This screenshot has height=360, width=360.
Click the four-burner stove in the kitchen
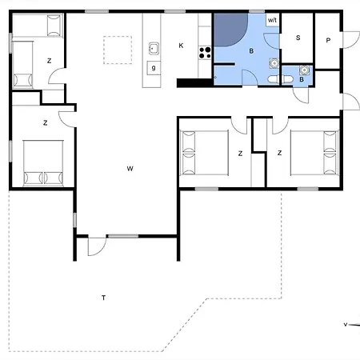coord(205,53)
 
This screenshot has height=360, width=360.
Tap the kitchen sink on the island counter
coord(154,48)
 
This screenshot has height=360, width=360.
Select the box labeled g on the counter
coord(154,68)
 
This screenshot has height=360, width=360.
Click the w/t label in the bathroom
coord(272,20)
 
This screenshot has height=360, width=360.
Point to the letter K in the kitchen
coord(181,46)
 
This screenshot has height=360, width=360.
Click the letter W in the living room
coord(130,169)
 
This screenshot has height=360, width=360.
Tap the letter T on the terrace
coord(104,298)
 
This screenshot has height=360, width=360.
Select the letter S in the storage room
coord(298,38)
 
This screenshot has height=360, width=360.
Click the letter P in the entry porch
coord(328,40)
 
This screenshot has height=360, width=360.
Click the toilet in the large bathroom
coord(274,79)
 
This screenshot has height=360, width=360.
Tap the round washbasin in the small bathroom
coord(304,70)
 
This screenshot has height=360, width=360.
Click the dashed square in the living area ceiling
coord(118,50)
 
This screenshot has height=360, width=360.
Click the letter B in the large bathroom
coord(251,51)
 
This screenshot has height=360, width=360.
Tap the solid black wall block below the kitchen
coord(195,83)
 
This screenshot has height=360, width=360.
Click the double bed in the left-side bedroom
coord(43,163)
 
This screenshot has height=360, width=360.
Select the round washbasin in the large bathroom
coord(274,63)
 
